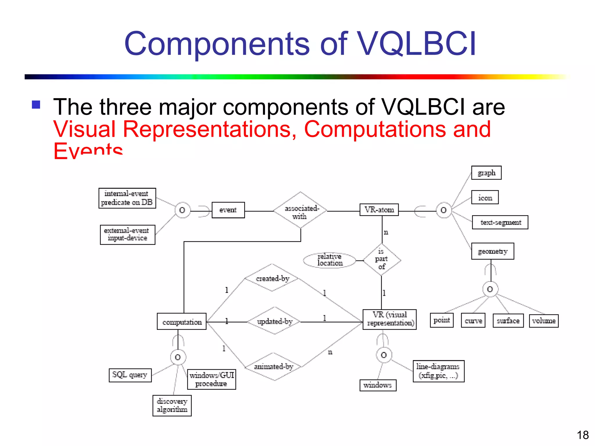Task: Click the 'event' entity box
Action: (228, 210)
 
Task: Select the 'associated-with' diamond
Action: (300, 210)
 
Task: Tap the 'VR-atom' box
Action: (379, 210)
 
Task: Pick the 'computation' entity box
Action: (182, 321)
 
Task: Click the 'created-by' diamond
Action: (272, 278)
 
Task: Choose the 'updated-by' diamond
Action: (275, 321)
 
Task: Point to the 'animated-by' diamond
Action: (274, 366)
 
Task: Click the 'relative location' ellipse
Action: (329, 260)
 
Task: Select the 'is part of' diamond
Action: (381, 259)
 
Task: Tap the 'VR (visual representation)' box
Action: (390, 319)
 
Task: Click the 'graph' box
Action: (486, 173)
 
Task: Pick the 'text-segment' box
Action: (500, 222)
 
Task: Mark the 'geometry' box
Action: (493, 251)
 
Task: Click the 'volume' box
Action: (544, 321)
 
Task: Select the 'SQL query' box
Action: (130, 375)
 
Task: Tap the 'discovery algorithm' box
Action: (172, 405)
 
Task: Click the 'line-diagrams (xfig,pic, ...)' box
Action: (438, 371)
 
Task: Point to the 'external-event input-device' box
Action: (128, 235)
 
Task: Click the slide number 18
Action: (583, 435)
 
